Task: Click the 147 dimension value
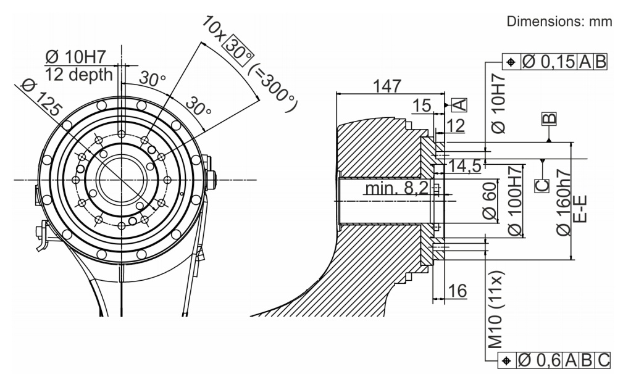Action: pos(387,86)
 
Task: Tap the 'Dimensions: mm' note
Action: pos(559,22)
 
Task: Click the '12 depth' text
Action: pos(78,75)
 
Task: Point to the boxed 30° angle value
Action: pos(238,51)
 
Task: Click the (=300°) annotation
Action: pos(274,88)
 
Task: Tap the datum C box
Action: pos(542,185)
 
